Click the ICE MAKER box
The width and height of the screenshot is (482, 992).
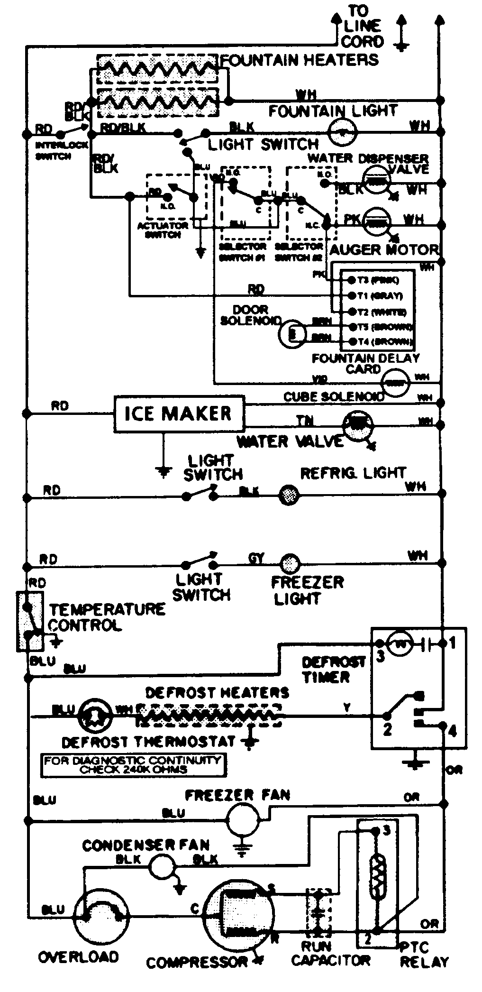178,414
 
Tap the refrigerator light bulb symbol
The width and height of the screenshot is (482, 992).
288,495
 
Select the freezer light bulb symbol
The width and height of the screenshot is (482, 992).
289,564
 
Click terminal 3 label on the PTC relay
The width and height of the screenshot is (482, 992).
387,831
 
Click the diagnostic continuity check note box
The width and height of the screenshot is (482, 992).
133,765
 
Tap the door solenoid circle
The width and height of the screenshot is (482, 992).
290,334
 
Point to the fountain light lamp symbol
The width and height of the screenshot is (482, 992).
343,132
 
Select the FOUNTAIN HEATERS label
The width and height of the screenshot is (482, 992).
300,61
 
